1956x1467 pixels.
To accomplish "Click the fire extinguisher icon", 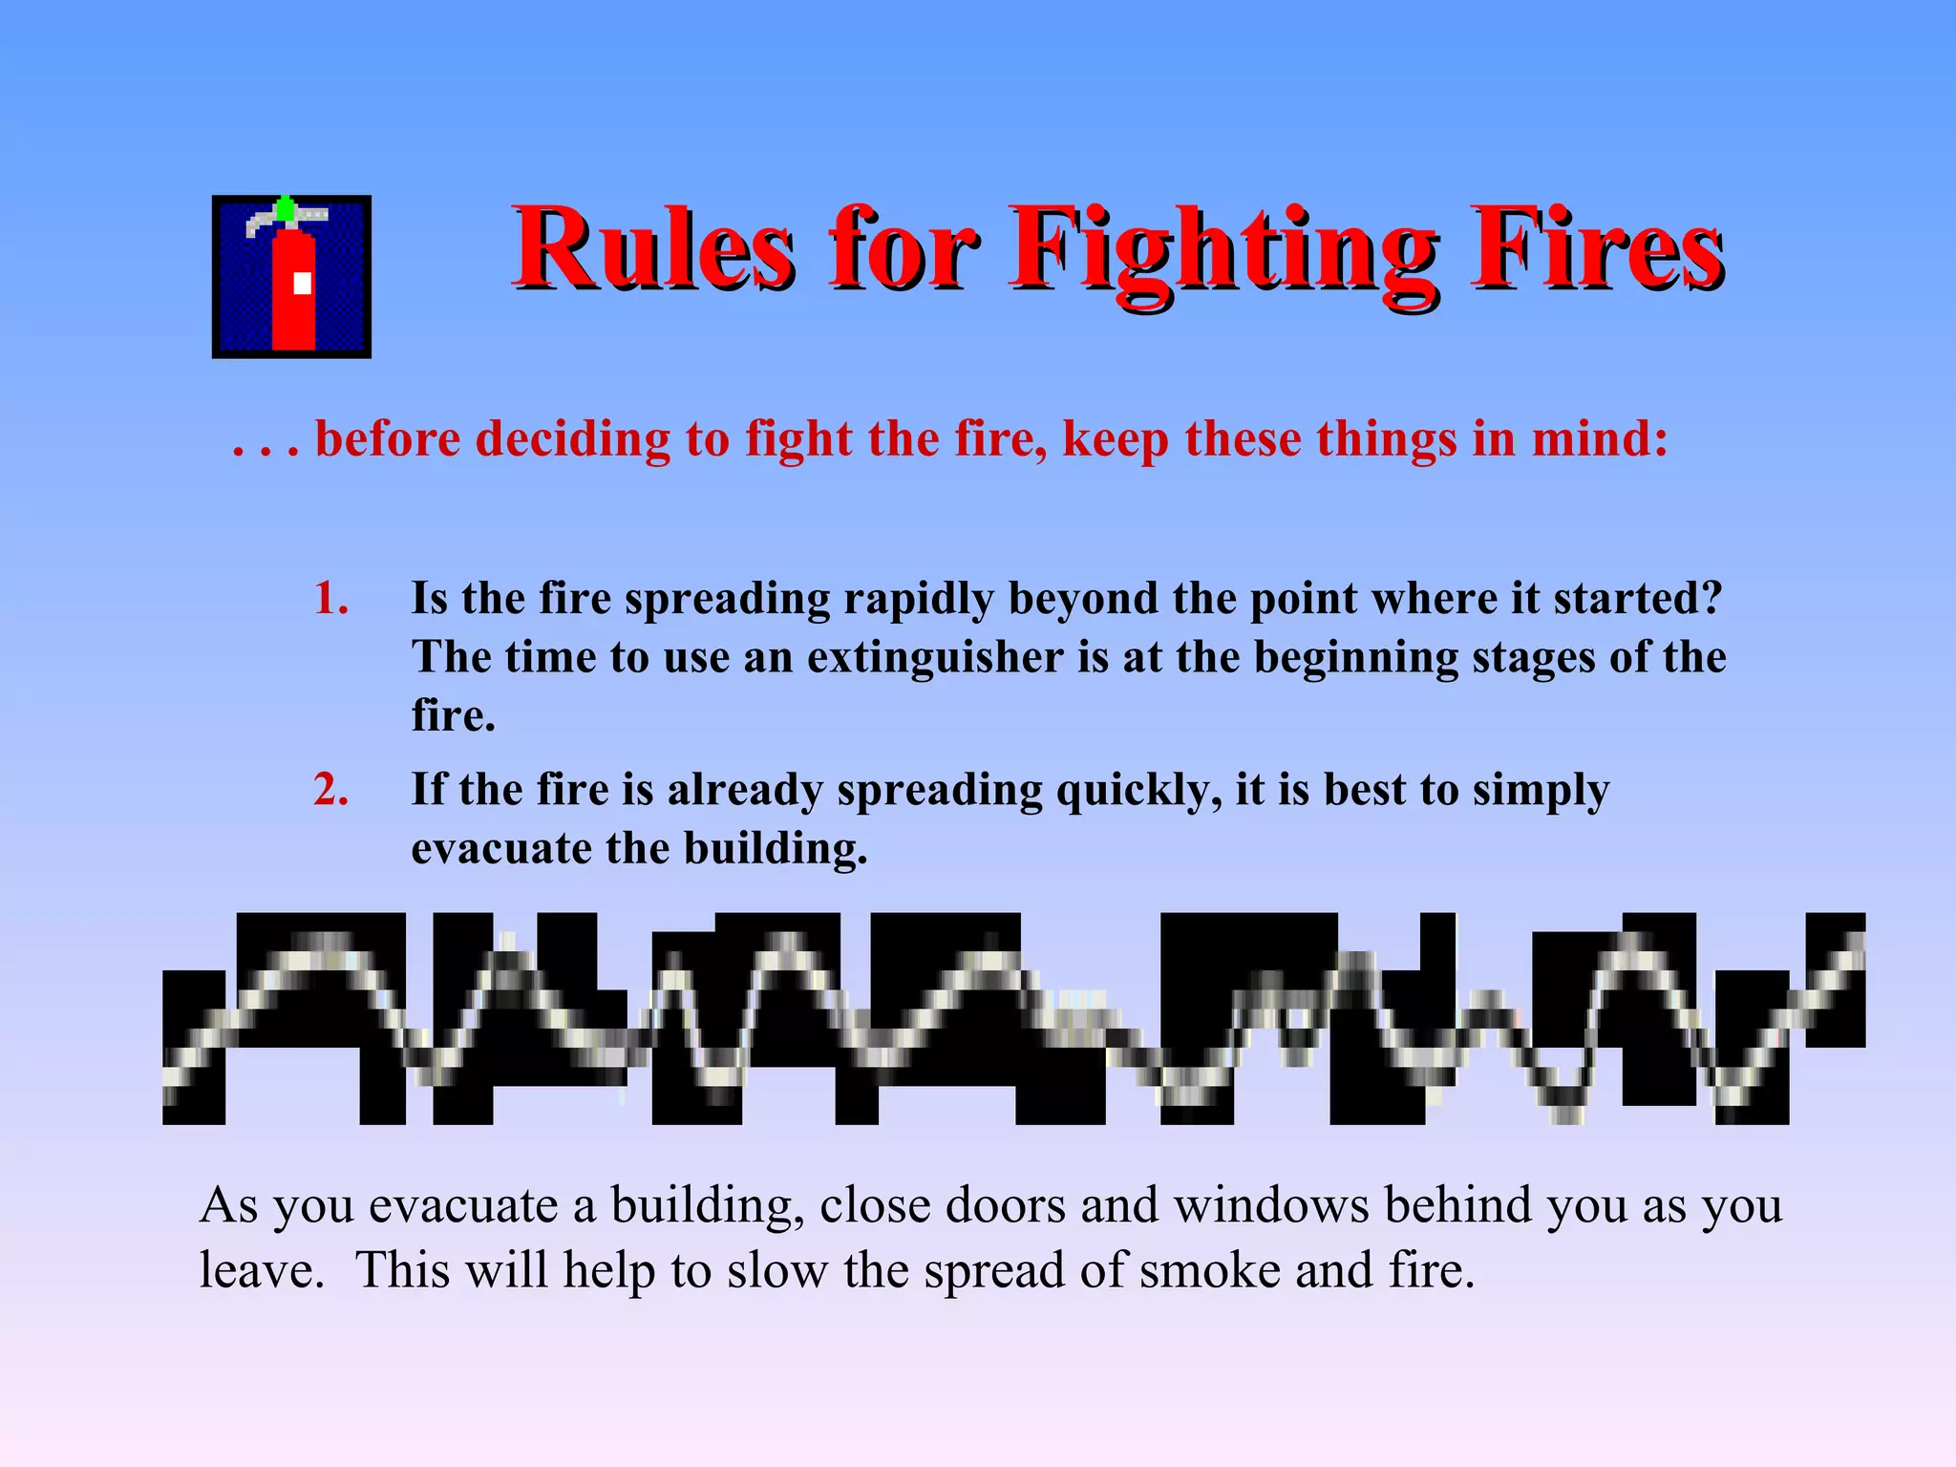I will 291,277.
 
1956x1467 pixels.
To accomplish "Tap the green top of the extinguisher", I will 285,207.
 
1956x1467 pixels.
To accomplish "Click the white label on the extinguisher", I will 302,283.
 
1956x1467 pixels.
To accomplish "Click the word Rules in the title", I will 654,250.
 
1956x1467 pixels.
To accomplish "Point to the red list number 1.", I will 330,599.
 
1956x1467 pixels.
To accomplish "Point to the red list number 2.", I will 330,790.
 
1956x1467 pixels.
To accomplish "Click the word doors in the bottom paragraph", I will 1005,1205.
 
